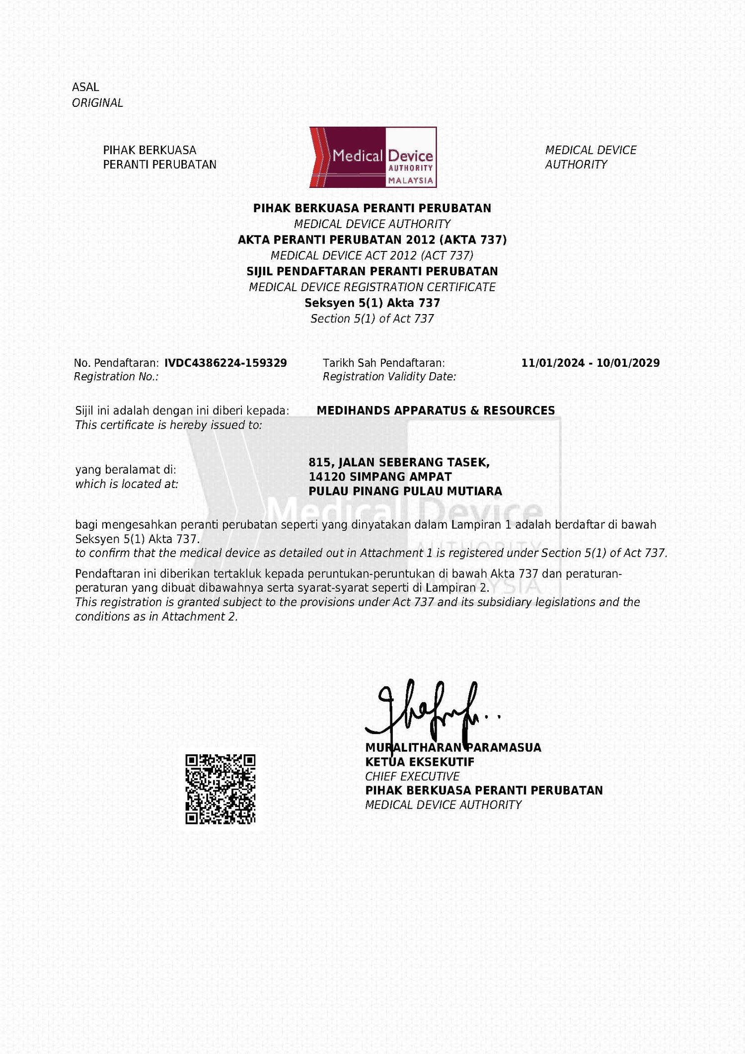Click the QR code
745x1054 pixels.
click(220, 789)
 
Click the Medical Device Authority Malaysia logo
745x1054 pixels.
click(373, 157)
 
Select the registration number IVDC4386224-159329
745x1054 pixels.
click(225, 363)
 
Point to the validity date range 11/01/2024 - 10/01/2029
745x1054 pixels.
click(590, 363)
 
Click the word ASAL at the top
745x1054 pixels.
click(85, 87)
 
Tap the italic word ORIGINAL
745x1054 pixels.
click(97, 103)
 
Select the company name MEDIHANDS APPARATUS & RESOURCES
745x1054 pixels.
click(436, 410)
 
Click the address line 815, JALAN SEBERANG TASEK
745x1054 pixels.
click(399, 463)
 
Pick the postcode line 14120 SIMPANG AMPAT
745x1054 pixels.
click(380, 477)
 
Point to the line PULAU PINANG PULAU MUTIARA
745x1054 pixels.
click(405, 491)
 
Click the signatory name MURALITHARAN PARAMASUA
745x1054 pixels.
click(453, 747)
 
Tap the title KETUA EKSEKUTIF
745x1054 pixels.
click(420, 762)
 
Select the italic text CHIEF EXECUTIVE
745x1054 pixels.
click(412, 776)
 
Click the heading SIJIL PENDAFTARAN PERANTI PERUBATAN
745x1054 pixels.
click(372, 271)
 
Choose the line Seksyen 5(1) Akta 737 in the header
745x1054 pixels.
click(372, 303)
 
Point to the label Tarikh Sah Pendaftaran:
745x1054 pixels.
click(384, 363)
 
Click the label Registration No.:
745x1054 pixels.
click(116, 377)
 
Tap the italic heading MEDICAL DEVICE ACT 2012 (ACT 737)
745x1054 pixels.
click(372, 255)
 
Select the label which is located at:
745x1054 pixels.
click(127, 484)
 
